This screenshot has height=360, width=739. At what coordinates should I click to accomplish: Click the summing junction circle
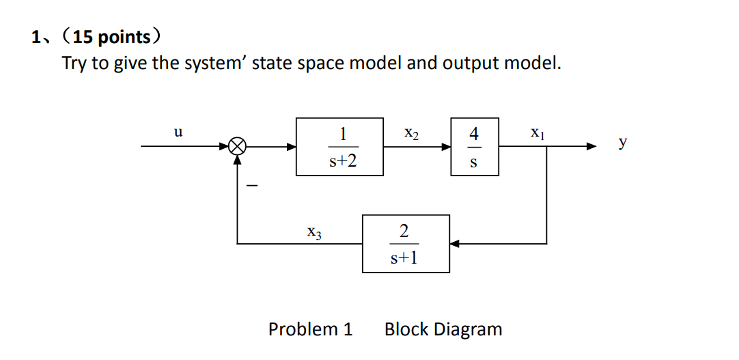(x=238, y=146)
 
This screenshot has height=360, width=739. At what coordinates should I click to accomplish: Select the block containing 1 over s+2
(x=339, y=146)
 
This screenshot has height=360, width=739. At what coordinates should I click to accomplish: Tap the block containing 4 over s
(x=474, y=146)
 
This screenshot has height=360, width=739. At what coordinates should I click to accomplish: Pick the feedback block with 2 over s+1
(x=406, y=243)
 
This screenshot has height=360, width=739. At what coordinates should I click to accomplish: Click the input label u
(x=178, y=133)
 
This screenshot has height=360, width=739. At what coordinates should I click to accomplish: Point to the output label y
(x=622, y=143)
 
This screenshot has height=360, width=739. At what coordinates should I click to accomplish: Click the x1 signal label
(x=538, y=133)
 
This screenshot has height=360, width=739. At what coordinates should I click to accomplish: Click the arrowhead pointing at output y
(x=591, y=146)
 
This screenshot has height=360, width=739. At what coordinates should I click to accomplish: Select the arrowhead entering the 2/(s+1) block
(x=456, y=243)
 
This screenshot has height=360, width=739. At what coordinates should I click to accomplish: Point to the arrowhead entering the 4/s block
(x=445, y=146)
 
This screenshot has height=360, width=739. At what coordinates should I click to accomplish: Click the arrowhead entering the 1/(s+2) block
(x=291, y=146)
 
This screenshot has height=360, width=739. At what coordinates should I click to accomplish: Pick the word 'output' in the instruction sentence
(x=470, y=64)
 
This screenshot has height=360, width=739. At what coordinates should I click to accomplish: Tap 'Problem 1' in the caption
(x=310, y=329)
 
